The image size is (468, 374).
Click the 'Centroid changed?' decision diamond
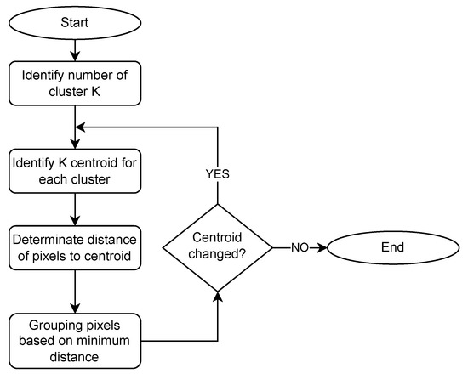point(217,248)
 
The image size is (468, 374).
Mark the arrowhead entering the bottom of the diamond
point(217,295)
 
